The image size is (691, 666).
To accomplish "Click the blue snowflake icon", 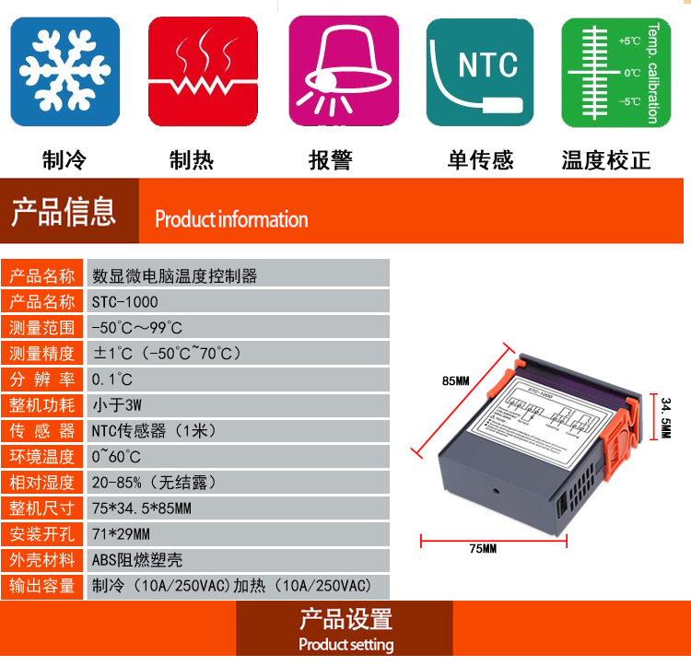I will [x=64, y=72].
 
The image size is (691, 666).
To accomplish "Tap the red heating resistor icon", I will [x=204, y=72].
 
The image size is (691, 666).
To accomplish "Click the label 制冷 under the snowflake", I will [x=64, y=161].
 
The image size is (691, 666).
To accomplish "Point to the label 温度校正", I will [x=606, y=161].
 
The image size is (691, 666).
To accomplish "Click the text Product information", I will [x=231, y=219].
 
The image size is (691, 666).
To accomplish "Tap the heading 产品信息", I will [x=64, y=212].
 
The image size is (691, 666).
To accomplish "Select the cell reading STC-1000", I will [x=125, y=301].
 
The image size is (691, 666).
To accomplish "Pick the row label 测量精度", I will [x=42, y=353].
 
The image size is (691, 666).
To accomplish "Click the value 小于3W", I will [x=116, y=404].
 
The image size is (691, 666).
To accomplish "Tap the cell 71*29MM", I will [x=121, y=533].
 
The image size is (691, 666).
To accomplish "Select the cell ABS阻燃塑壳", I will [x=137, y=559].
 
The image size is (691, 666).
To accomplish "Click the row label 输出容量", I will [x=42, y=585].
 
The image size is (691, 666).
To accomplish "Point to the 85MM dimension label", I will [x=455, y=381].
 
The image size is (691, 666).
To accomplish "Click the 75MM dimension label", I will [x=482, y=549].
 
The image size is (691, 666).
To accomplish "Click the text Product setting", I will [x=345, y=644].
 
